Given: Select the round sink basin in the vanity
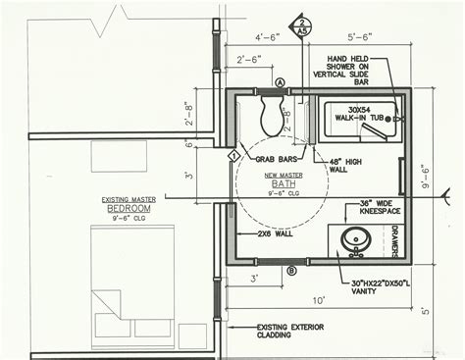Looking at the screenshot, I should (x=352, y=237).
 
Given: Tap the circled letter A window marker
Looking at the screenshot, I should (x=281, y=81).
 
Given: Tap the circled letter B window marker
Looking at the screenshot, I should (x=290, y=269).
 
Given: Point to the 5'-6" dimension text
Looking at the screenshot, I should (x=358, y=36).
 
